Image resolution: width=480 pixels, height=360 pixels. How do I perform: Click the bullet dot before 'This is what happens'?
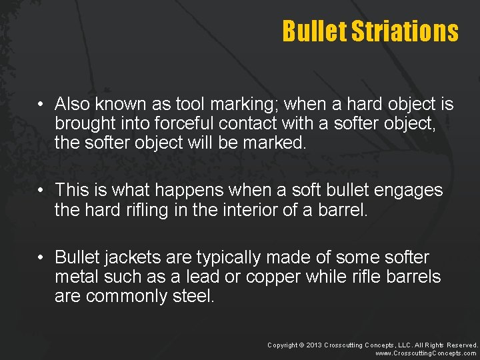tap(41, 191)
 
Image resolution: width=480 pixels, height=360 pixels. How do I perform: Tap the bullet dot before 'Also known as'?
tap(41, 105)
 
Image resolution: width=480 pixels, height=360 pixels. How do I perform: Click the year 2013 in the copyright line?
tap(314, 345)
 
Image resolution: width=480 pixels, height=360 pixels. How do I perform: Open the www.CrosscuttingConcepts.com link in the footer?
tap(426, 353)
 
